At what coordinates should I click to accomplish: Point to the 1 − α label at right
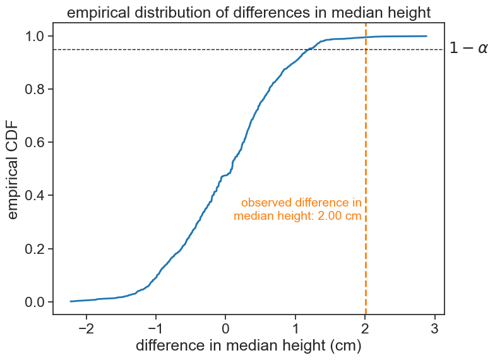(x=468, y=49)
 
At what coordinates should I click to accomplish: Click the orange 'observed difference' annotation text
(x=298, y=209)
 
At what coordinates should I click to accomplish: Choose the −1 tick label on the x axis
(x=156, y=328)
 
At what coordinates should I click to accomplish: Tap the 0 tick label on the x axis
(x=226, y=328)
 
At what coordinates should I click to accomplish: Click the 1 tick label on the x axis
(x=295, y=328)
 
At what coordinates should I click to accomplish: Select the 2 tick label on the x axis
(x=366, y=328)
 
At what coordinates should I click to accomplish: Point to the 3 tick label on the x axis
(x=435, y=328)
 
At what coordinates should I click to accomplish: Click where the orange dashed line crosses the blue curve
(x=366, y=37)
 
